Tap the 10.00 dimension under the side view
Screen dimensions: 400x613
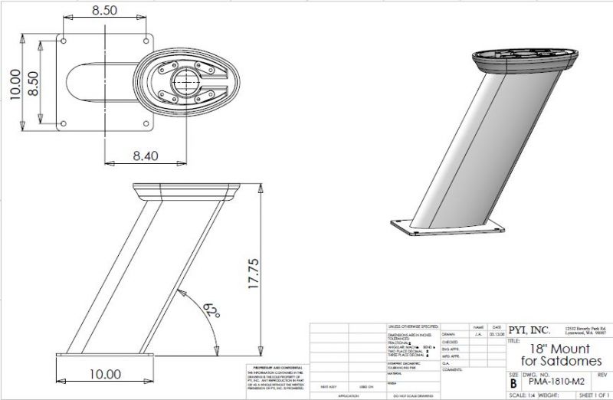(x=105, y=374)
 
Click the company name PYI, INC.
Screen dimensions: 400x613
(x=530, y=331)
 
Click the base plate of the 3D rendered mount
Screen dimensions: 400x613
(x=448, y=228)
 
